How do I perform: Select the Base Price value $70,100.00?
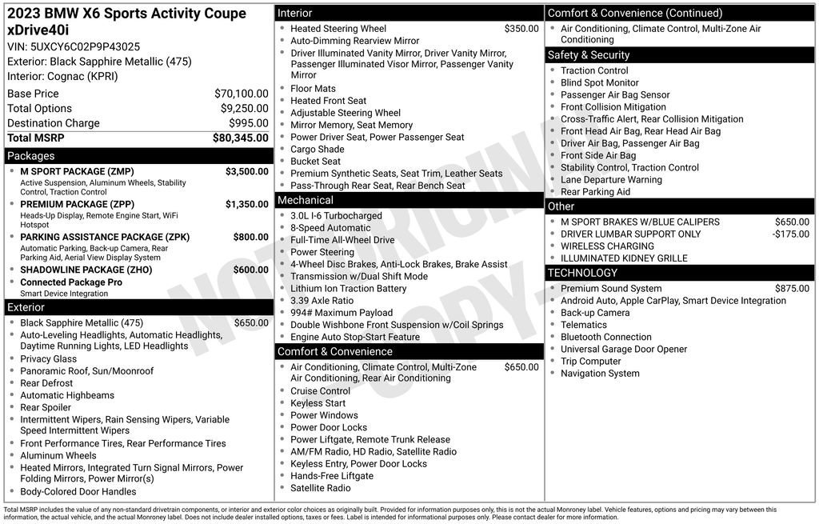242,94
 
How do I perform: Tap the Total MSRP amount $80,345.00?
240,138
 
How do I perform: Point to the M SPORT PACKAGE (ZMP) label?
77,171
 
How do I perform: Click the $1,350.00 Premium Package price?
246,204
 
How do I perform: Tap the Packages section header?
31,156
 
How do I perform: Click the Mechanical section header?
306,200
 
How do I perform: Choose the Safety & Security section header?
588,55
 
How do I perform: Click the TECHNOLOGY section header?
582,273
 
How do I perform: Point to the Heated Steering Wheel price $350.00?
521,29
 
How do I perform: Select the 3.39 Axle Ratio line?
323,301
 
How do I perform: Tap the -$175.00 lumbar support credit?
790,234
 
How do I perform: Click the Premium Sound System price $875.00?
792,289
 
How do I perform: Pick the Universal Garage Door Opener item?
624,350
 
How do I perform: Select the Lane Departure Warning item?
611,180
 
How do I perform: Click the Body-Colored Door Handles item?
78,492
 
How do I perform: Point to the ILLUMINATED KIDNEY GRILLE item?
624,258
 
